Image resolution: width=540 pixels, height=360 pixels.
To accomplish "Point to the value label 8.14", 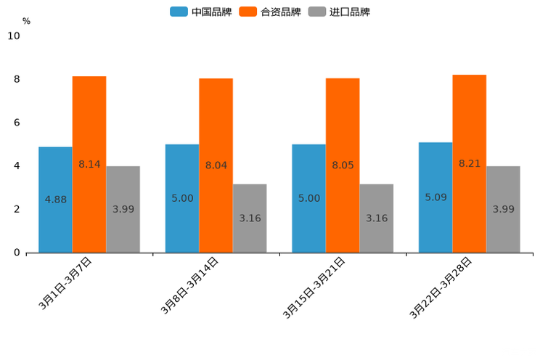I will click(x=89, y=164).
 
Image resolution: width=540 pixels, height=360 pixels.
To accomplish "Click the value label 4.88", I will click(x=56, y=200).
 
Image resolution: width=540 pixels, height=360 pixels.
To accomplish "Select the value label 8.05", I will click(x=343, y=165).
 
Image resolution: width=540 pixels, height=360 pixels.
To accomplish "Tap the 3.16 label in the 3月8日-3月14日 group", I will click(x=250, y=218).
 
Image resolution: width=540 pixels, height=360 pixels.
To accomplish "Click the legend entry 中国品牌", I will click(x=201, y=12).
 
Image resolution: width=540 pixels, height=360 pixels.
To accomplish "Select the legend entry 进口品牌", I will click(x=339, y=12).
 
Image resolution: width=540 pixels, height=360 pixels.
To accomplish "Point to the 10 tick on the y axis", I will click(x=14, y=36).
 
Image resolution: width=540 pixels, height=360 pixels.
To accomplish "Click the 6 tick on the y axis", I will click(x=17, y=123).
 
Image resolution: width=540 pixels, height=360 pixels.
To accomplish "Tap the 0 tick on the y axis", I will click(x=17, y=253).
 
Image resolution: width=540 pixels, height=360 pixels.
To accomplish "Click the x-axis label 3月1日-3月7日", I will click(x=65, y=284).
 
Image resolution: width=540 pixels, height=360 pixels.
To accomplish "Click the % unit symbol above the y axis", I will click(x=26, y=21).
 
